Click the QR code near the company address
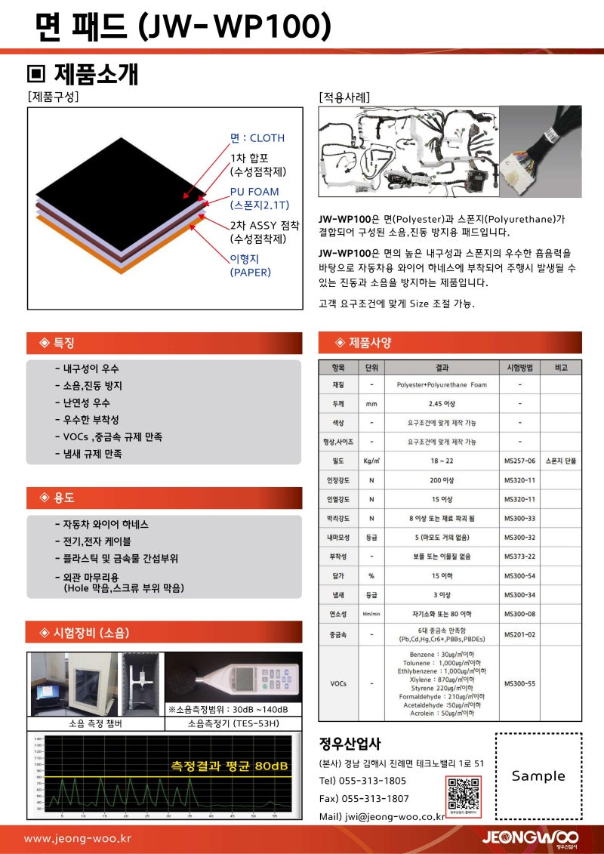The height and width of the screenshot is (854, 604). [463, 794]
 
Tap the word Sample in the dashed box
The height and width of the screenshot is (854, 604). [538, 775]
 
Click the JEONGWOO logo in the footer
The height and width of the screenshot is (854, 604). [530, 838]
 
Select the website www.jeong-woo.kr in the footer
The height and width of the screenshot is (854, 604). [78, 838]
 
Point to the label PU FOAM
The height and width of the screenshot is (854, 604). [254, 192]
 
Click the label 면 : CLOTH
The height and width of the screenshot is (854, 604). [257, 137]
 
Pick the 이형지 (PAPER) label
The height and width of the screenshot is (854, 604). [250, 265]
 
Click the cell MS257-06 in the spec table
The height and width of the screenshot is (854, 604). [519, 461]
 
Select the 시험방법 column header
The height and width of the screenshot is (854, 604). [519, 368]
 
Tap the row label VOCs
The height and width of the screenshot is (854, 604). [338, 683]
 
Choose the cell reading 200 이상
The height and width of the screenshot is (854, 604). [442, 480]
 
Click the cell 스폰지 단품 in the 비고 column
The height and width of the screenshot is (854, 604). [561, 461]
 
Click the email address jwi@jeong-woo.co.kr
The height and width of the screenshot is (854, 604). [393, 816]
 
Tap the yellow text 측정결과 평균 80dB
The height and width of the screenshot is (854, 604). [230, 766]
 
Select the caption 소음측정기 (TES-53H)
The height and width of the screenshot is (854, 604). [233, 723]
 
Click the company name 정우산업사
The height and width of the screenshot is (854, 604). [350, 744]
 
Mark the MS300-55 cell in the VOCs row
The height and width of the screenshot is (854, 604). [519, 683]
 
